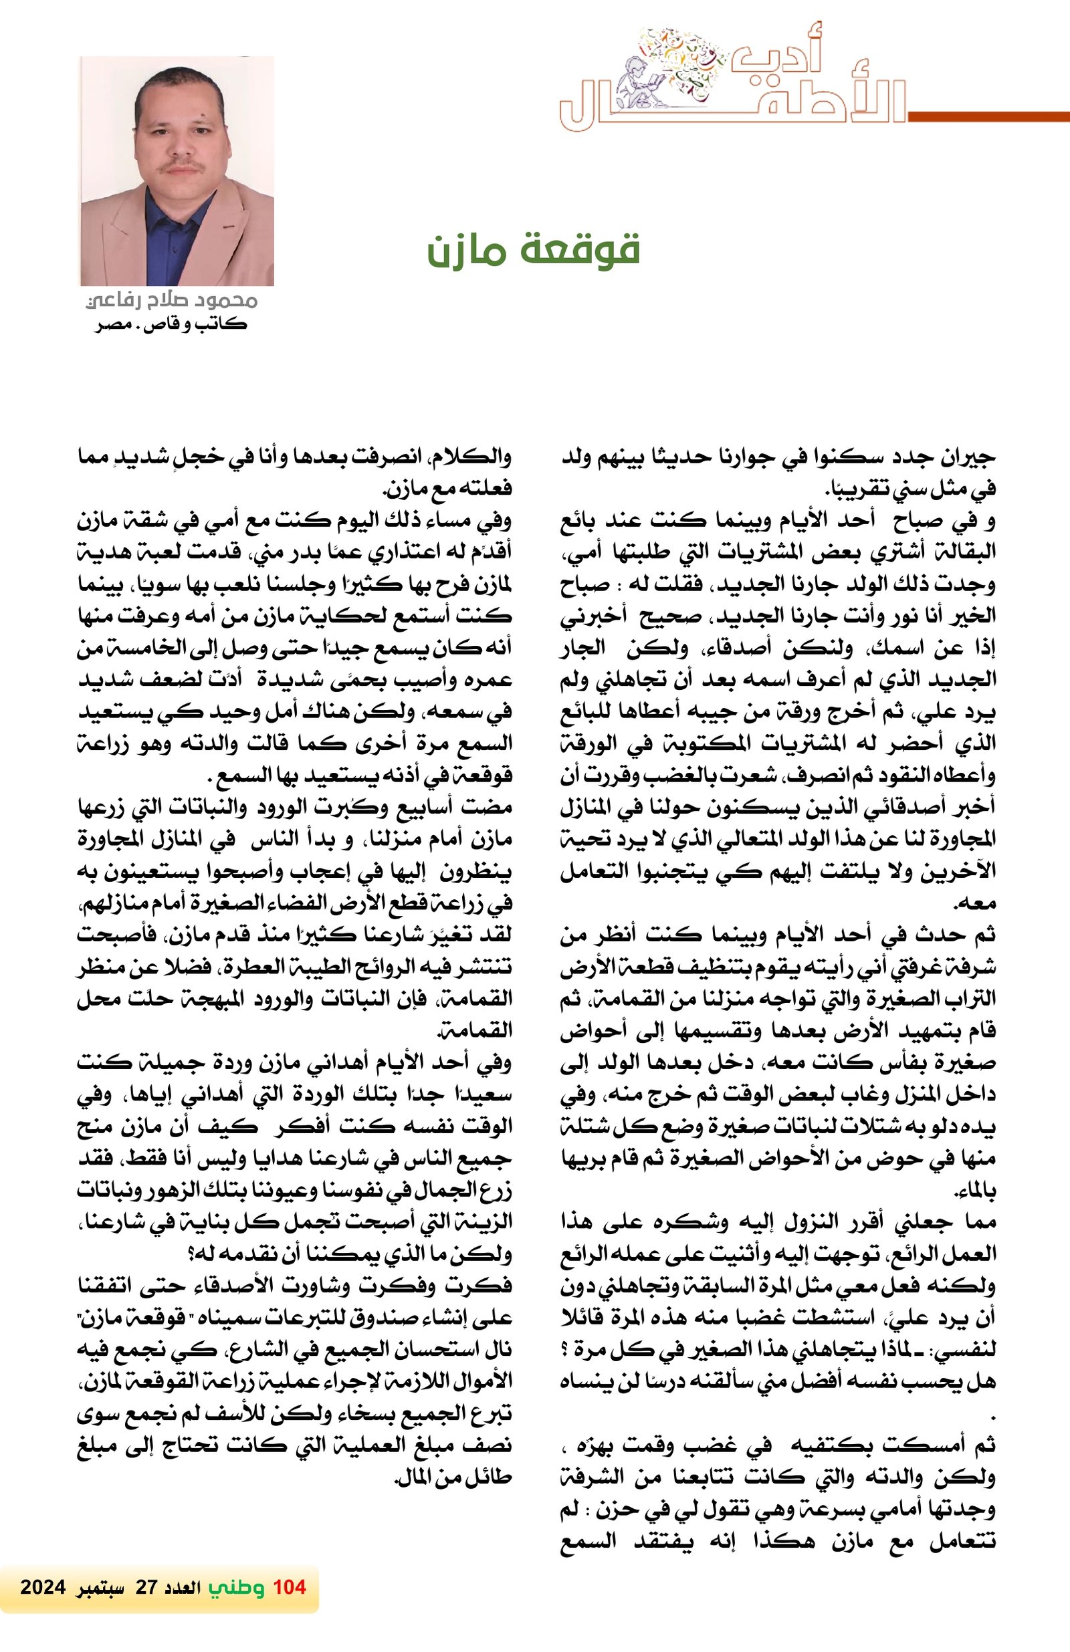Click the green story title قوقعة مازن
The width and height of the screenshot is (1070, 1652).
[532, 251]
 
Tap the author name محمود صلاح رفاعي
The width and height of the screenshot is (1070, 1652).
[171, 301]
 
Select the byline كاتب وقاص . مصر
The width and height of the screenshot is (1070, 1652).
[171, 324]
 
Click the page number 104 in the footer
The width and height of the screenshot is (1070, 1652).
[290, 1586]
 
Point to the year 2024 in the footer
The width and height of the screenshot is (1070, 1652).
[43, 1587]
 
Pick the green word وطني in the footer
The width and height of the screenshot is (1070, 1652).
[237, 1587]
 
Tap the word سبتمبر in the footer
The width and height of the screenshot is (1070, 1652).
[97, 1587]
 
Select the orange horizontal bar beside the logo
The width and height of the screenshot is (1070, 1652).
[988, 116]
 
